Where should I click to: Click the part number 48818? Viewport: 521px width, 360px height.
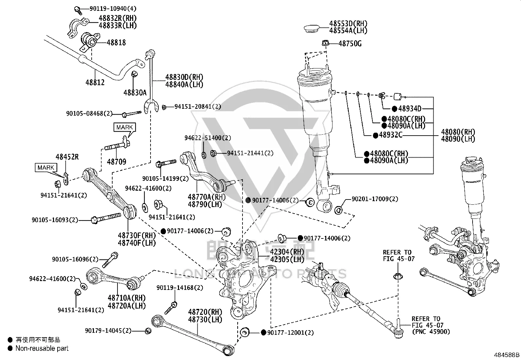click(x=116, y=43)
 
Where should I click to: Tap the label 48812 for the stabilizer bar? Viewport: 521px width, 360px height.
click(x=95, y=82)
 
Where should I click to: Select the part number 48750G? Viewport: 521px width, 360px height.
click(x=350, y=44)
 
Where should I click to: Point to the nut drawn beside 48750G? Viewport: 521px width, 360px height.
click(x=326, y=43)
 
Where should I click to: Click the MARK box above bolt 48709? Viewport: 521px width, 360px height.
click(x=125, y=127)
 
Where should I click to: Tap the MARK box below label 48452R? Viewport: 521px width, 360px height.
click(x=46, y=168)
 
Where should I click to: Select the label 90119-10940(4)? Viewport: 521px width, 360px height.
click(x=113, y=9)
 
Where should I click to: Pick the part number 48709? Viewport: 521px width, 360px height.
click(x=116, y=161)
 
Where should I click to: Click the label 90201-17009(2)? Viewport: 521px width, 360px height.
click(x=375, y=199)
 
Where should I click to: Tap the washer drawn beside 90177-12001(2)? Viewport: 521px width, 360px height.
click(x=244, y=332)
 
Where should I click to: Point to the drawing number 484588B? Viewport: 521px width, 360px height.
click(x=507, y=355)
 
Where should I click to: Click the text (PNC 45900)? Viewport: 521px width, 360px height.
click(x=431, y=332)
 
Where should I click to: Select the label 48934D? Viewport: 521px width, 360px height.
click(x=410, y=108)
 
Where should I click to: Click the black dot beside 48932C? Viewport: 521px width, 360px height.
click(x=375, y=136)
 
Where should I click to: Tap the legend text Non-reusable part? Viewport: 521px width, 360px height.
click(x=42, y=348)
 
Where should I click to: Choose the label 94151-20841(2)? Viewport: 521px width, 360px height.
click(x=198, y=106)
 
